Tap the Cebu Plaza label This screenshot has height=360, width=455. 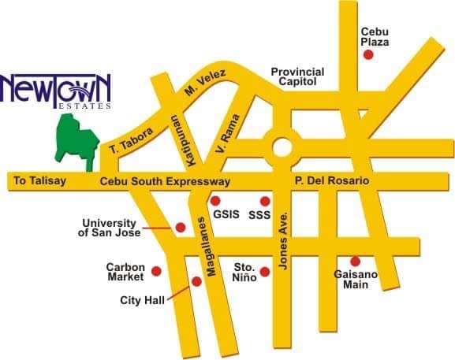(x=375, y=36)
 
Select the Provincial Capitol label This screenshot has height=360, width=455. (x=298, y=76)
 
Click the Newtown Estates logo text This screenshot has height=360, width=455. (x=56, y=89)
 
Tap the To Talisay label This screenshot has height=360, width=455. (x=39, y=182)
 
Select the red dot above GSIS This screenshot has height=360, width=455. (x=215, y=201)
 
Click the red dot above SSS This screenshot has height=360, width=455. (x=264, y=201)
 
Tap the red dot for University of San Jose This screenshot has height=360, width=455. (x=181, y=227)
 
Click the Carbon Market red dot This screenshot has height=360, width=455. (x=156, y=271)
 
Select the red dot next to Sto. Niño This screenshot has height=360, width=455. (x=265, y=272)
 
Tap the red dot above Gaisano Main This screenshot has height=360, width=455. (x=355, y=261)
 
